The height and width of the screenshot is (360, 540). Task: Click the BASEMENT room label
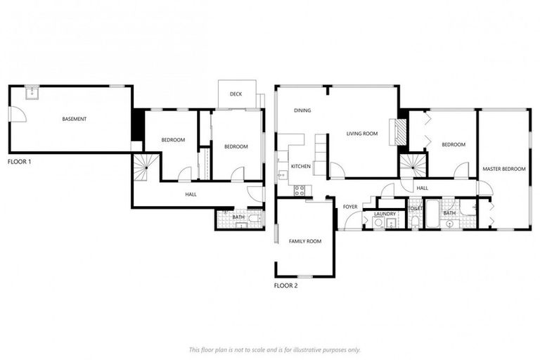pos(74,119)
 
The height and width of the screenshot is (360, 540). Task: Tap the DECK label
pos(236,93)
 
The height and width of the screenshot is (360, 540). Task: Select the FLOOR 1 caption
pos(19,161)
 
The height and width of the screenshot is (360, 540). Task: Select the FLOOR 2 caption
pos(285,285)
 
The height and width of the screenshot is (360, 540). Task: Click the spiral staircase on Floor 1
pos(146,167)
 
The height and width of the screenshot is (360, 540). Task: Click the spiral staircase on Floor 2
pos(413,165)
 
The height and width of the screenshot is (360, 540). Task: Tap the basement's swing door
pos(18,114)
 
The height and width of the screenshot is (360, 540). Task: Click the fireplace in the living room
pos(399,131)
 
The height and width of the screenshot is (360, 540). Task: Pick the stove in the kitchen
pos(300,188)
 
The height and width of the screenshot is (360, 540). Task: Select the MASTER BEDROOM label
pos(503,169)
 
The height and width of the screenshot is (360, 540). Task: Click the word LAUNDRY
pos(385,214)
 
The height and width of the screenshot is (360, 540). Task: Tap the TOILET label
pos(415,209)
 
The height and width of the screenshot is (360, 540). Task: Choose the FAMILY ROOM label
pos(304,241)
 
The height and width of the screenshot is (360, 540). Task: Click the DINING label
pos(302,110)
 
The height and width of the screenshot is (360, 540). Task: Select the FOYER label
pos(350,207)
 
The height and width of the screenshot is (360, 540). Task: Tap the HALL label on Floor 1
pos(191,194)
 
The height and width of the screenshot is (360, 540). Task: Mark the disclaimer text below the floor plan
pos(274,349)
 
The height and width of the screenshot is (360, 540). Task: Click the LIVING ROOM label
pos(362,133)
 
